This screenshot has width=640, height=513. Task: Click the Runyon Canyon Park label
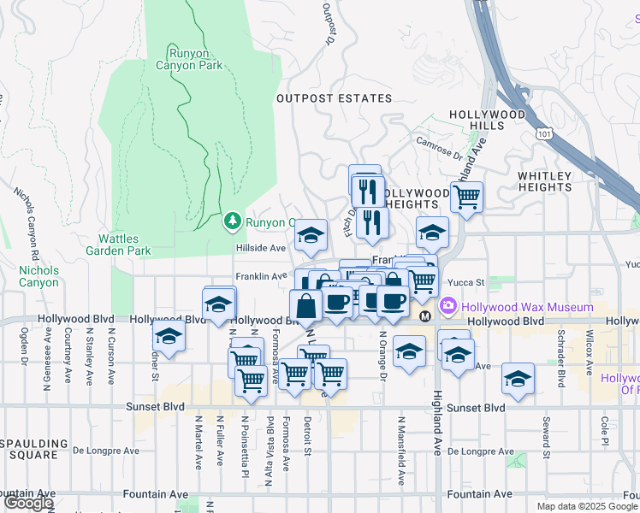(189, 59)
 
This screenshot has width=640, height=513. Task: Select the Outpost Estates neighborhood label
(335, 98)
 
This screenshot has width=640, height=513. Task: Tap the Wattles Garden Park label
(118, 245)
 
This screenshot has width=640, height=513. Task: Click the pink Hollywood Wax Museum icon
(447, 307)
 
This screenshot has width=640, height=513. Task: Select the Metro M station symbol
(424, 316)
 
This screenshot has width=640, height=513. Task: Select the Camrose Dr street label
(439, 147)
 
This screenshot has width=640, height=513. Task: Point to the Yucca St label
(468, 281)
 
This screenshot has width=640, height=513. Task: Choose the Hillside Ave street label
(261, 248)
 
